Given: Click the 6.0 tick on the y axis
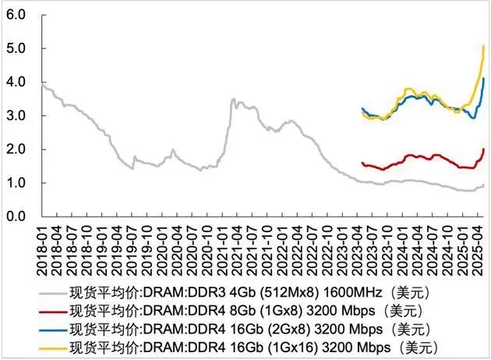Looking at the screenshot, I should click(x=18, y=15).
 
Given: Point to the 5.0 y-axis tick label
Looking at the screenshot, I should click(x=18, y=48).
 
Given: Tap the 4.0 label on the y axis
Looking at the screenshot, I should click(x=18, y=82).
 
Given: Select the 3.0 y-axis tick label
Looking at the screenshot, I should click(x=18, y=115).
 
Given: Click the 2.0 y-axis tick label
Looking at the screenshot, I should click(x=18, y=149).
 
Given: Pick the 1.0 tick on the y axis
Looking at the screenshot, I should click(x=18, y=182).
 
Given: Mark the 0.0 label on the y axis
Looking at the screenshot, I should click(x=18, y=216).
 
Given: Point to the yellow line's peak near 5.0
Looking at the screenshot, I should click(x=484, y=47).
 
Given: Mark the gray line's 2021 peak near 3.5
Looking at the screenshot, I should click(x=233, y=99).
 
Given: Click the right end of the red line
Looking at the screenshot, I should click(x=484, y=149).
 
